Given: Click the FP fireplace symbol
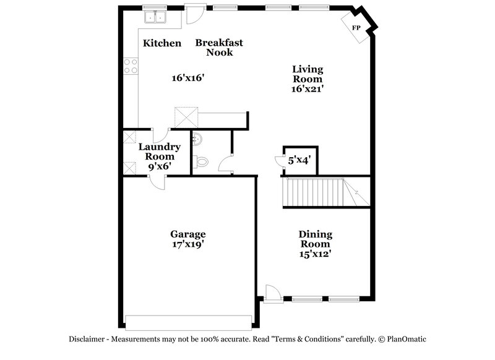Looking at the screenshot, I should pyautogui.click(x=356, y=28).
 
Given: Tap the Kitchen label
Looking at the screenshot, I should pyautogui.click(x=162, y=43).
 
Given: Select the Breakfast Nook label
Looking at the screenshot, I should pyautogui.click(x=219, y=48).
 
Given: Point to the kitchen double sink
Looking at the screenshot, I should pyautogui.click(x=155, y=17).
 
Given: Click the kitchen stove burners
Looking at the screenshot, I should pyautogui.click(x=131, y=66).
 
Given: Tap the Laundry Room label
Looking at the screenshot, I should pyautogui.click(x=159, y=152).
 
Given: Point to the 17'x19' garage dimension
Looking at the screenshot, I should pyautogui.click(x=188, y=244).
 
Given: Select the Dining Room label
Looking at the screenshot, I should pyautogui.click(x=316, y=239).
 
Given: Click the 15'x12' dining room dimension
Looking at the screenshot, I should pyautogui.click(x=316, y=254).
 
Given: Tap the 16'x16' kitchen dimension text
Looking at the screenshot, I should pyautogui.click(x=187, y=78).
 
